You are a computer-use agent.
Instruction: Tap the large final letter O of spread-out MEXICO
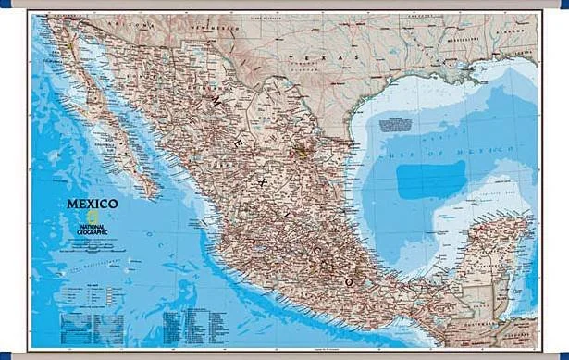click(350, 279)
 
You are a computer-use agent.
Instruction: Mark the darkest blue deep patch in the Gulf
click(432, 176)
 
